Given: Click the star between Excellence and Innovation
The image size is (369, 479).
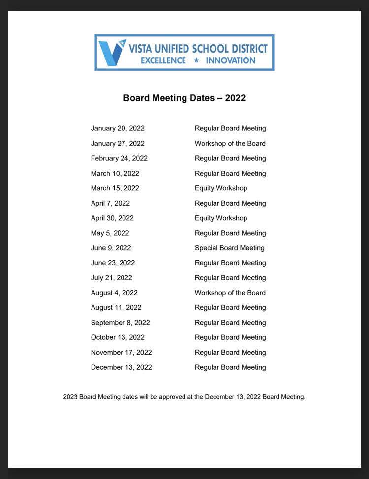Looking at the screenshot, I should click(196, 60).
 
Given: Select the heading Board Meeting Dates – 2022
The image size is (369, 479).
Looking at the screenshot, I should click(184, 98).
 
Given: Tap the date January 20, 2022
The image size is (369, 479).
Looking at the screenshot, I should click(118, 128).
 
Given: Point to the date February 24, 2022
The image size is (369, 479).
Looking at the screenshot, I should click(119, 158).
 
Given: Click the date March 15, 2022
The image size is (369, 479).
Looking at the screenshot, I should click(115, 188).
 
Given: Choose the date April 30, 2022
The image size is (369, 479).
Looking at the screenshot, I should click(112, 218).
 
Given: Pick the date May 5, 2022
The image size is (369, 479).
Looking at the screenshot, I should click(110, 233).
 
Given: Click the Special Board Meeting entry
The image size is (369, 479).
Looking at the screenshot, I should click(229, 248).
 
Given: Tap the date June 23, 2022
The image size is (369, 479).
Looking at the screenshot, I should click(113, 263).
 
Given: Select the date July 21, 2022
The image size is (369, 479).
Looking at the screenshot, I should click(111, 278).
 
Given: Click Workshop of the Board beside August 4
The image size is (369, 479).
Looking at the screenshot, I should click(230, 293).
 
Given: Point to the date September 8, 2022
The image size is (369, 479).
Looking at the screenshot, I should click(120, 323).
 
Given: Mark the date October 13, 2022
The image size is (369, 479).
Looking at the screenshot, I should click(118, 337).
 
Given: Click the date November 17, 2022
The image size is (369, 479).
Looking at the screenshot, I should click(121, 352).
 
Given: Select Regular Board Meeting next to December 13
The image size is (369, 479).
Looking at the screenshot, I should click(230, 367).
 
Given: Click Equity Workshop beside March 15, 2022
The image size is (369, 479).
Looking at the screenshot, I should click(221, 188).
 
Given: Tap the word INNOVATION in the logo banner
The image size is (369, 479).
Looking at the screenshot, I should click(230, 60).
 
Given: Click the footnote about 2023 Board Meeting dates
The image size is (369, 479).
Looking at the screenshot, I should click(184, 397).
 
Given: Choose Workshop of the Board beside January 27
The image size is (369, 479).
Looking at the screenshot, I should click(230, 144).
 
